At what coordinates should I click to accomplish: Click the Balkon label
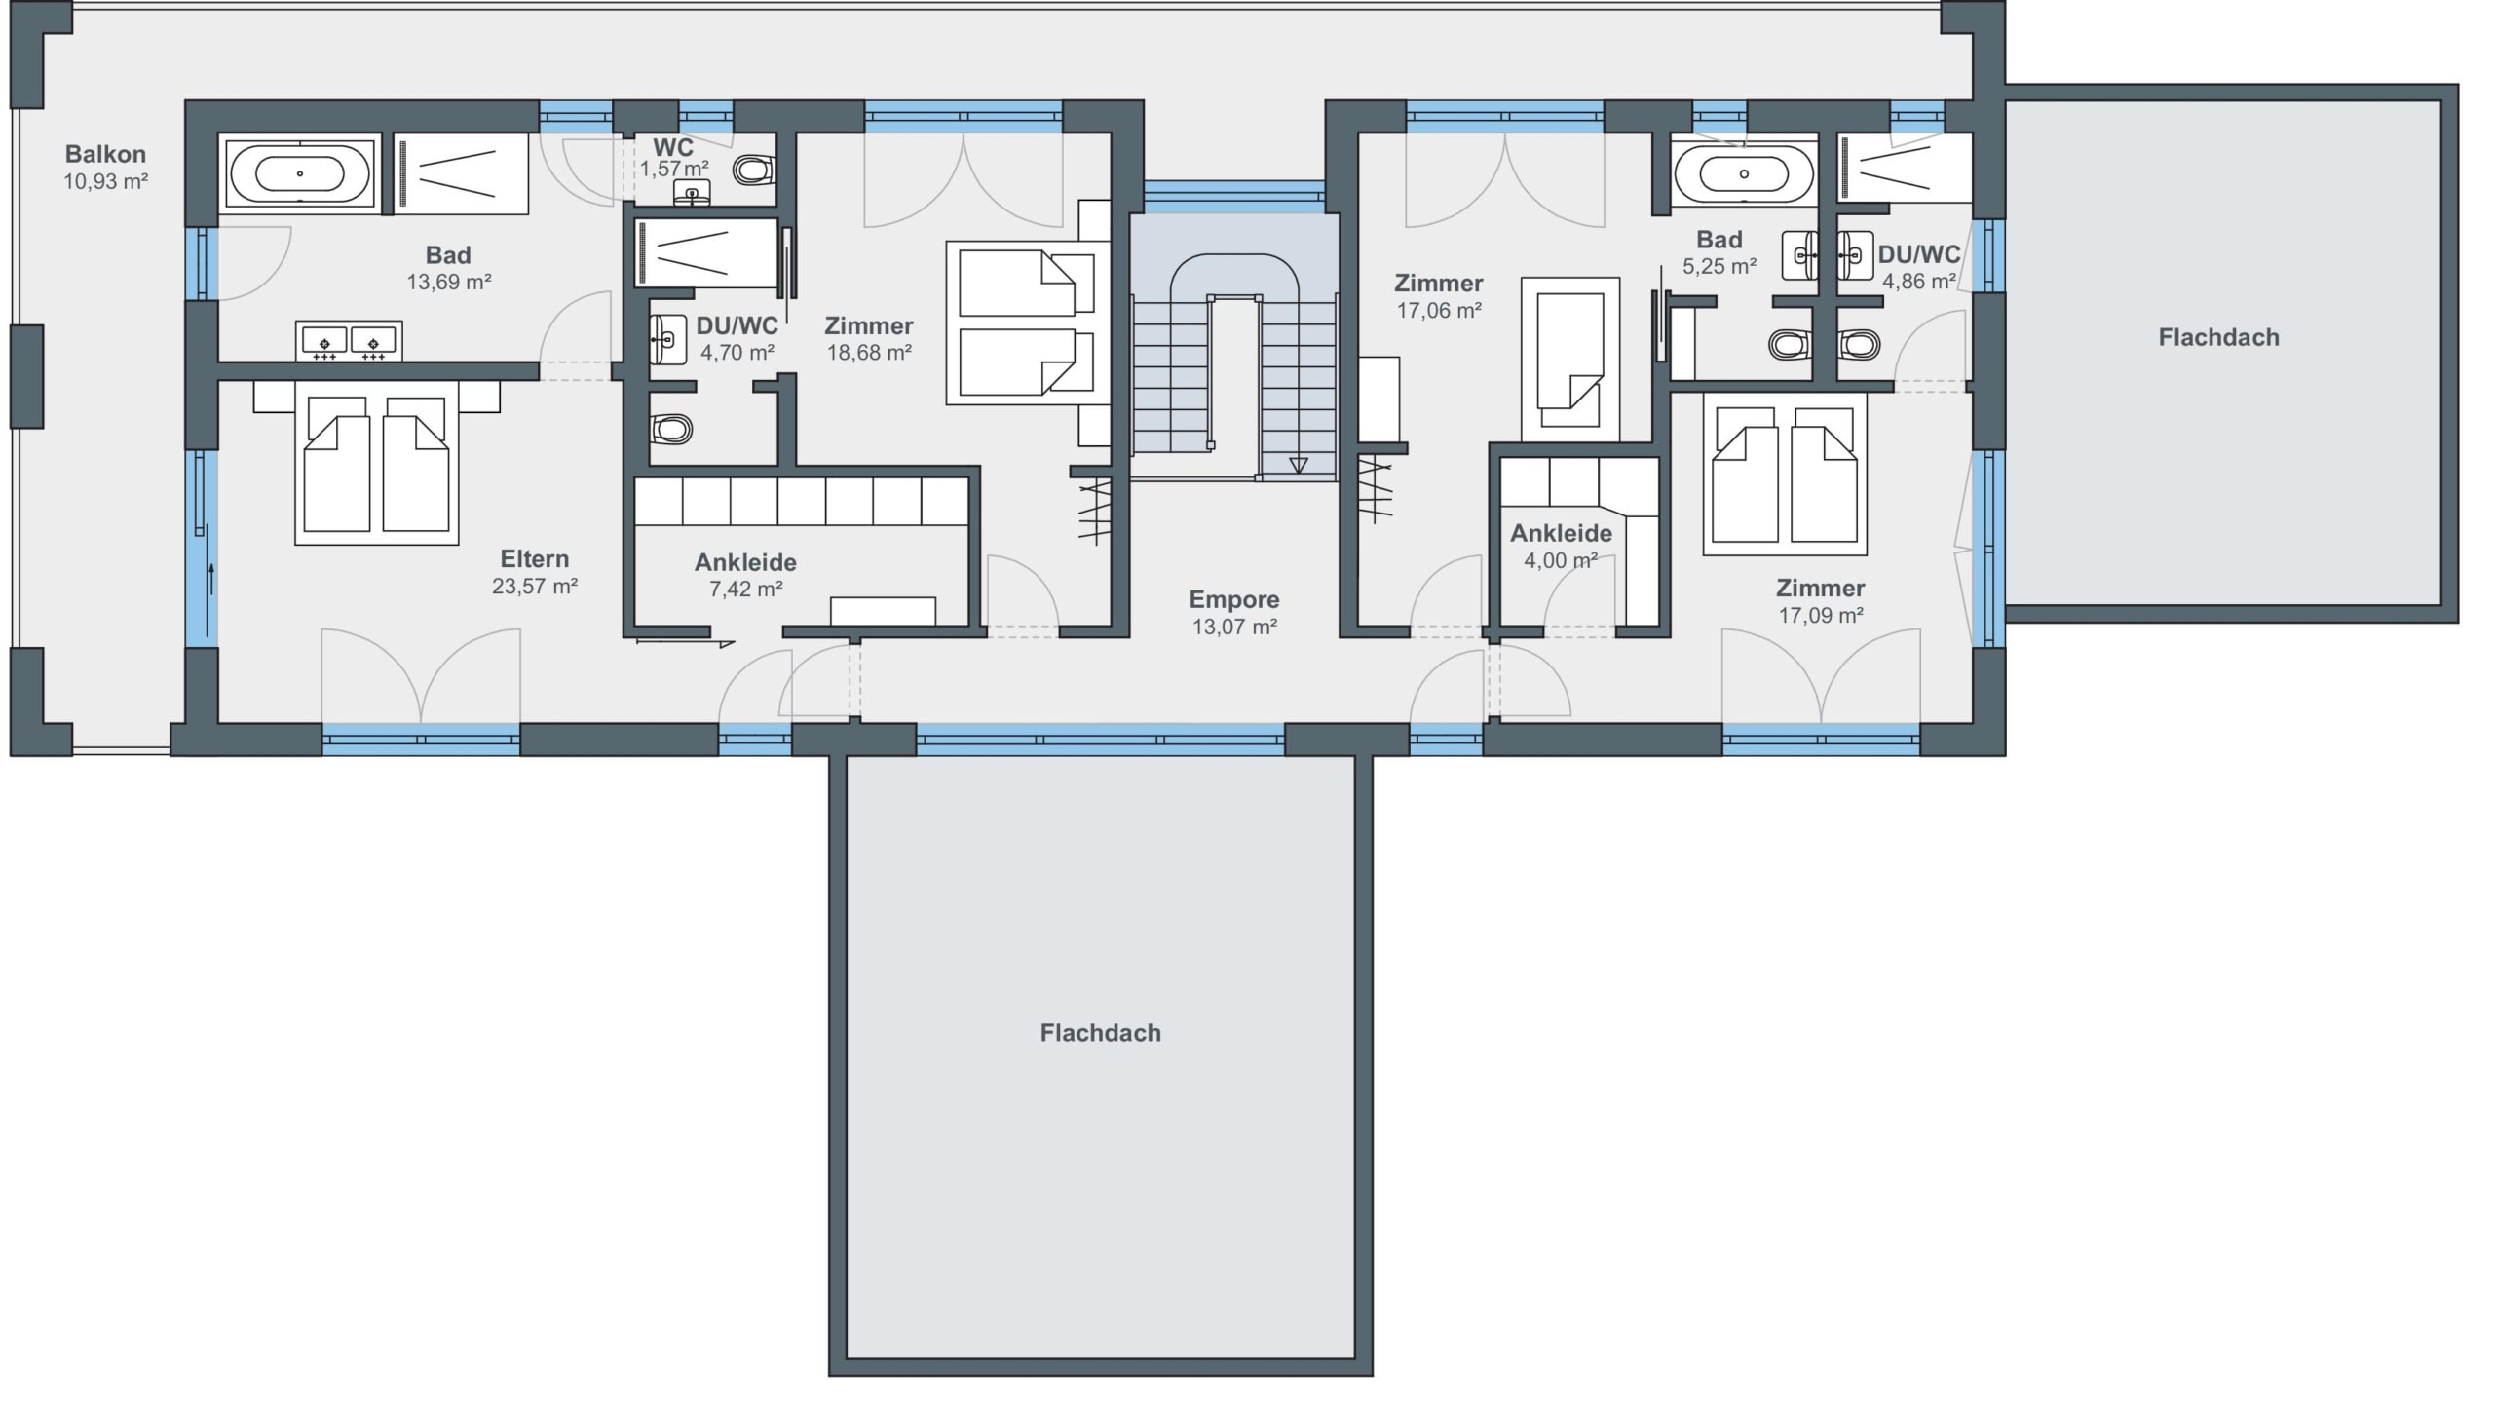105,154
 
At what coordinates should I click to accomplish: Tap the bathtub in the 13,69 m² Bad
299,173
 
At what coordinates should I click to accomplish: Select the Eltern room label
534,559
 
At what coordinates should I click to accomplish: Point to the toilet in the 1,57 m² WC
753,171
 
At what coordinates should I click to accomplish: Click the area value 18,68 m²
869,353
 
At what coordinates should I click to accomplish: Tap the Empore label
1234,600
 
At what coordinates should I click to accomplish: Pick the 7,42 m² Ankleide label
745,562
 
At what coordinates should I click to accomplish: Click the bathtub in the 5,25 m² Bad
1743,174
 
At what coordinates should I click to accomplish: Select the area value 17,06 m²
1439,311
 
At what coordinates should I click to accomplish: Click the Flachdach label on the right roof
2218,338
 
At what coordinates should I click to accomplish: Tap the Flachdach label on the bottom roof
1100,1033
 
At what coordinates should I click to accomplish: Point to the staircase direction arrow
1298,465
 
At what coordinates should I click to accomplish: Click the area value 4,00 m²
1561,561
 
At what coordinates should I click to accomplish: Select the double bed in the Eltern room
377,462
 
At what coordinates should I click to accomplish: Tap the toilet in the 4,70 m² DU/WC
670,428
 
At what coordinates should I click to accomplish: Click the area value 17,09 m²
1821,616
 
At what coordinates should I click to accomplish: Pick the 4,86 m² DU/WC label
1919,255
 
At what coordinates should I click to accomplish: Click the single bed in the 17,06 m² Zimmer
1570,359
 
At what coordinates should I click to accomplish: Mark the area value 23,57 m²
535,587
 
